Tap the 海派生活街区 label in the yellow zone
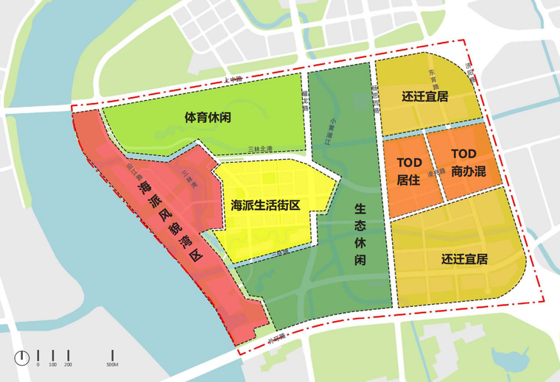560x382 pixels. click(x=265, y=204)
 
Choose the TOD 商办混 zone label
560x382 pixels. click(x=463, y=163)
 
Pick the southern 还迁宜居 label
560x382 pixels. click(x=464, y=259)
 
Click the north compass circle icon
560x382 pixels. click(x=21, y=357)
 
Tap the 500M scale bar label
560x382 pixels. click(x=113, y=364)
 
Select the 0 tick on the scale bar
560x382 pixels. click(x=38, y=364)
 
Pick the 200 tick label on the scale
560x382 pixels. click(x=68, y=364)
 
